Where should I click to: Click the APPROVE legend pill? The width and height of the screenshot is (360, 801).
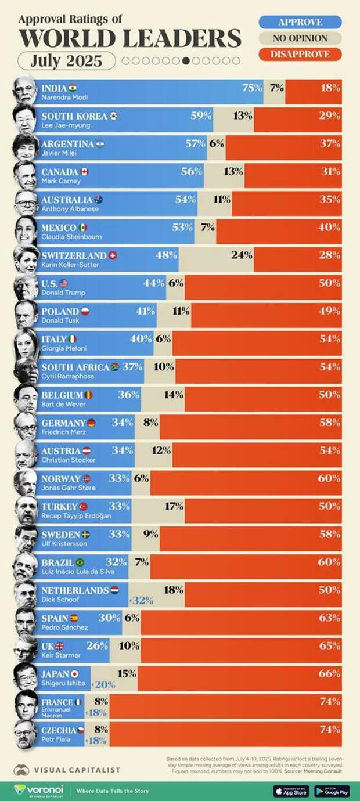(300, 22)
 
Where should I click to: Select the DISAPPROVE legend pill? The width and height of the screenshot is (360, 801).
(300, 55)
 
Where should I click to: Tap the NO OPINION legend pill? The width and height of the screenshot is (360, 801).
(300, 38)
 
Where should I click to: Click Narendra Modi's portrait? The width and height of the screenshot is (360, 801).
(24, 91)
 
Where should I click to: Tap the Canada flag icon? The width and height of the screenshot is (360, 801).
(84, 172)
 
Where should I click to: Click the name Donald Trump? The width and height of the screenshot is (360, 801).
(63, 293)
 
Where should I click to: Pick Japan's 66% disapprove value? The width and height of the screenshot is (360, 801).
(329, 673)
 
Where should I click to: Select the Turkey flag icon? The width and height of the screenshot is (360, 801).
(83, 506)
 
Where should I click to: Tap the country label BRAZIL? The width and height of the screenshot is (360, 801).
(57, 562)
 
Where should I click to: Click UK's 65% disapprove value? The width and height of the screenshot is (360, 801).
(329, 645)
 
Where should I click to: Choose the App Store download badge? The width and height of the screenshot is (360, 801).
(291, 791)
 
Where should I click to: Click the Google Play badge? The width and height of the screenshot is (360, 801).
(332, 791)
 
